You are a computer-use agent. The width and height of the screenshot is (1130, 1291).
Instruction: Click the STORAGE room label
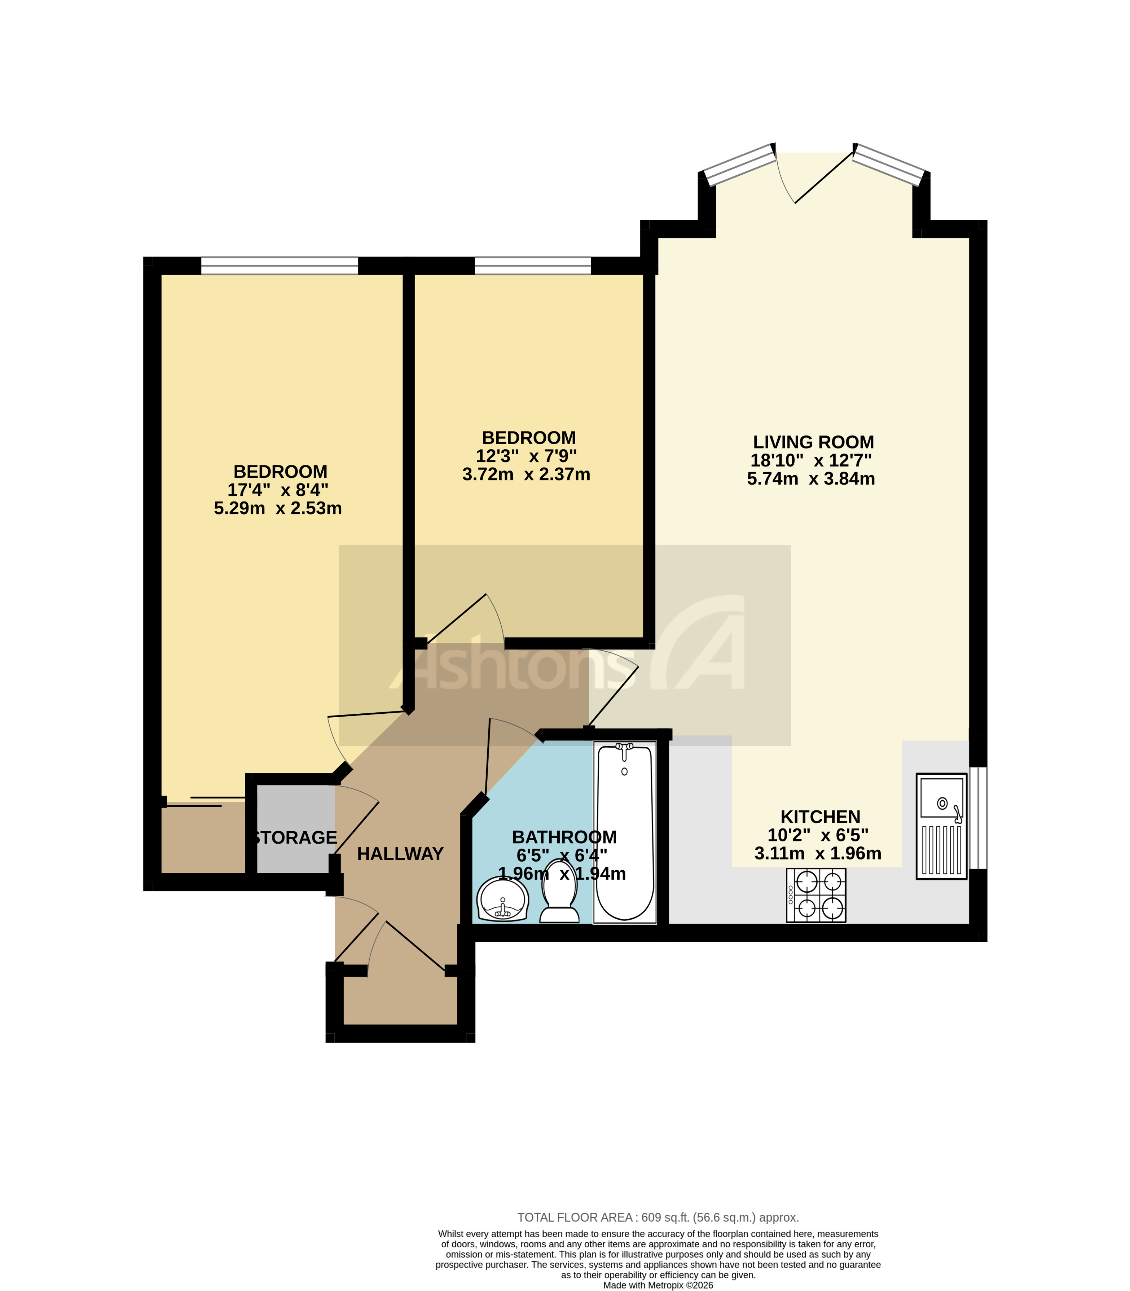coord(295,837)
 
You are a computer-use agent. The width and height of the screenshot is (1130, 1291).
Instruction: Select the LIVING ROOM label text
coord(813,442)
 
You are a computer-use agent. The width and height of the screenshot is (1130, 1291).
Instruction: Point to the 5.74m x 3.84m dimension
coord(811,479)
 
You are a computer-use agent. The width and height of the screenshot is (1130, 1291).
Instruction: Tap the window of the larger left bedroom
coord(280,266)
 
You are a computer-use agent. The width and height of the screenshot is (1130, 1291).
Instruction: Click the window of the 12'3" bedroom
coord(533,266)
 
